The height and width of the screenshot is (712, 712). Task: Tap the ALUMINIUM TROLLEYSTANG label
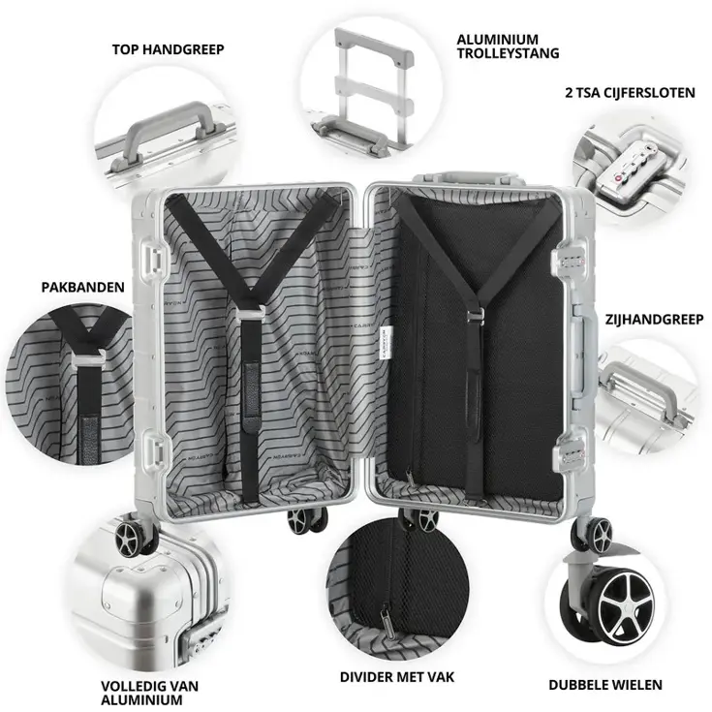point(507,46)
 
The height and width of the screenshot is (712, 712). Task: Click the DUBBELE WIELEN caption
point(605,685)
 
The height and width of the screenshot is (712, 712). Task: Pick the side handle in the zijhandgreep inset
point(645,391)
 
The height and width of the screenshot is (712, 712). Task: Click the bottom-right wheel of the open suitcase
point(594,531)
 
